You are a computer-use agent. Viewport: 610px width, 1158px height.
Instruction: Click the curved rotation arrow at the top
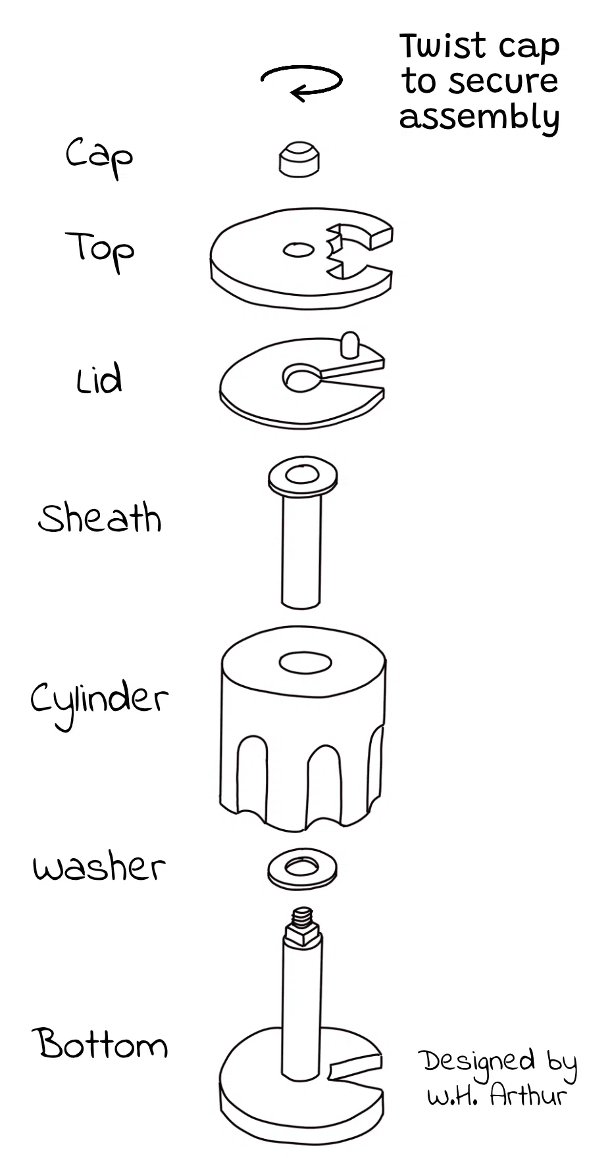click(302, 82)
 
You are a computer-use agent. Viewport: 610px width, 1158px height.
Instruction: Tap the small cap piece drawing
click(299, 158)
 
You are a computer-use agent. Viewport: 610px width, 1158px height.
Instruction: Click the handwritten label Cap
click(99, 156)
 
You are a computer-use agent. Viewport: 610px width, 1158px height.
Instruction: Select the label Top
click(100, 250)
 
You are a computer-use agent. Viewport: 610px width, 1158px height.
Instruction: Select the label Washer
click(99, 867)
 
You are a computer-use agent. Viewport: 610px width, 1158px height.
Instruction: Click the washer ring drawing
click(303, 869)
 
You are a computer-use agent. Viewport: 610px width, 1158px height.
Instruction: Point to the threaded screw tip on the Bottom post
click(303, 915)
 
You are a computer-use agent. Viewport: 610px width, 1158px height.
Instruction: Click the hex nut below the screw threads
click(303, 934)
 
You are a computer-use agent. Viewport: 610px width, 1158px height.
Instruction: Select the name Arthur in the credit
click(528, 1095)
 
